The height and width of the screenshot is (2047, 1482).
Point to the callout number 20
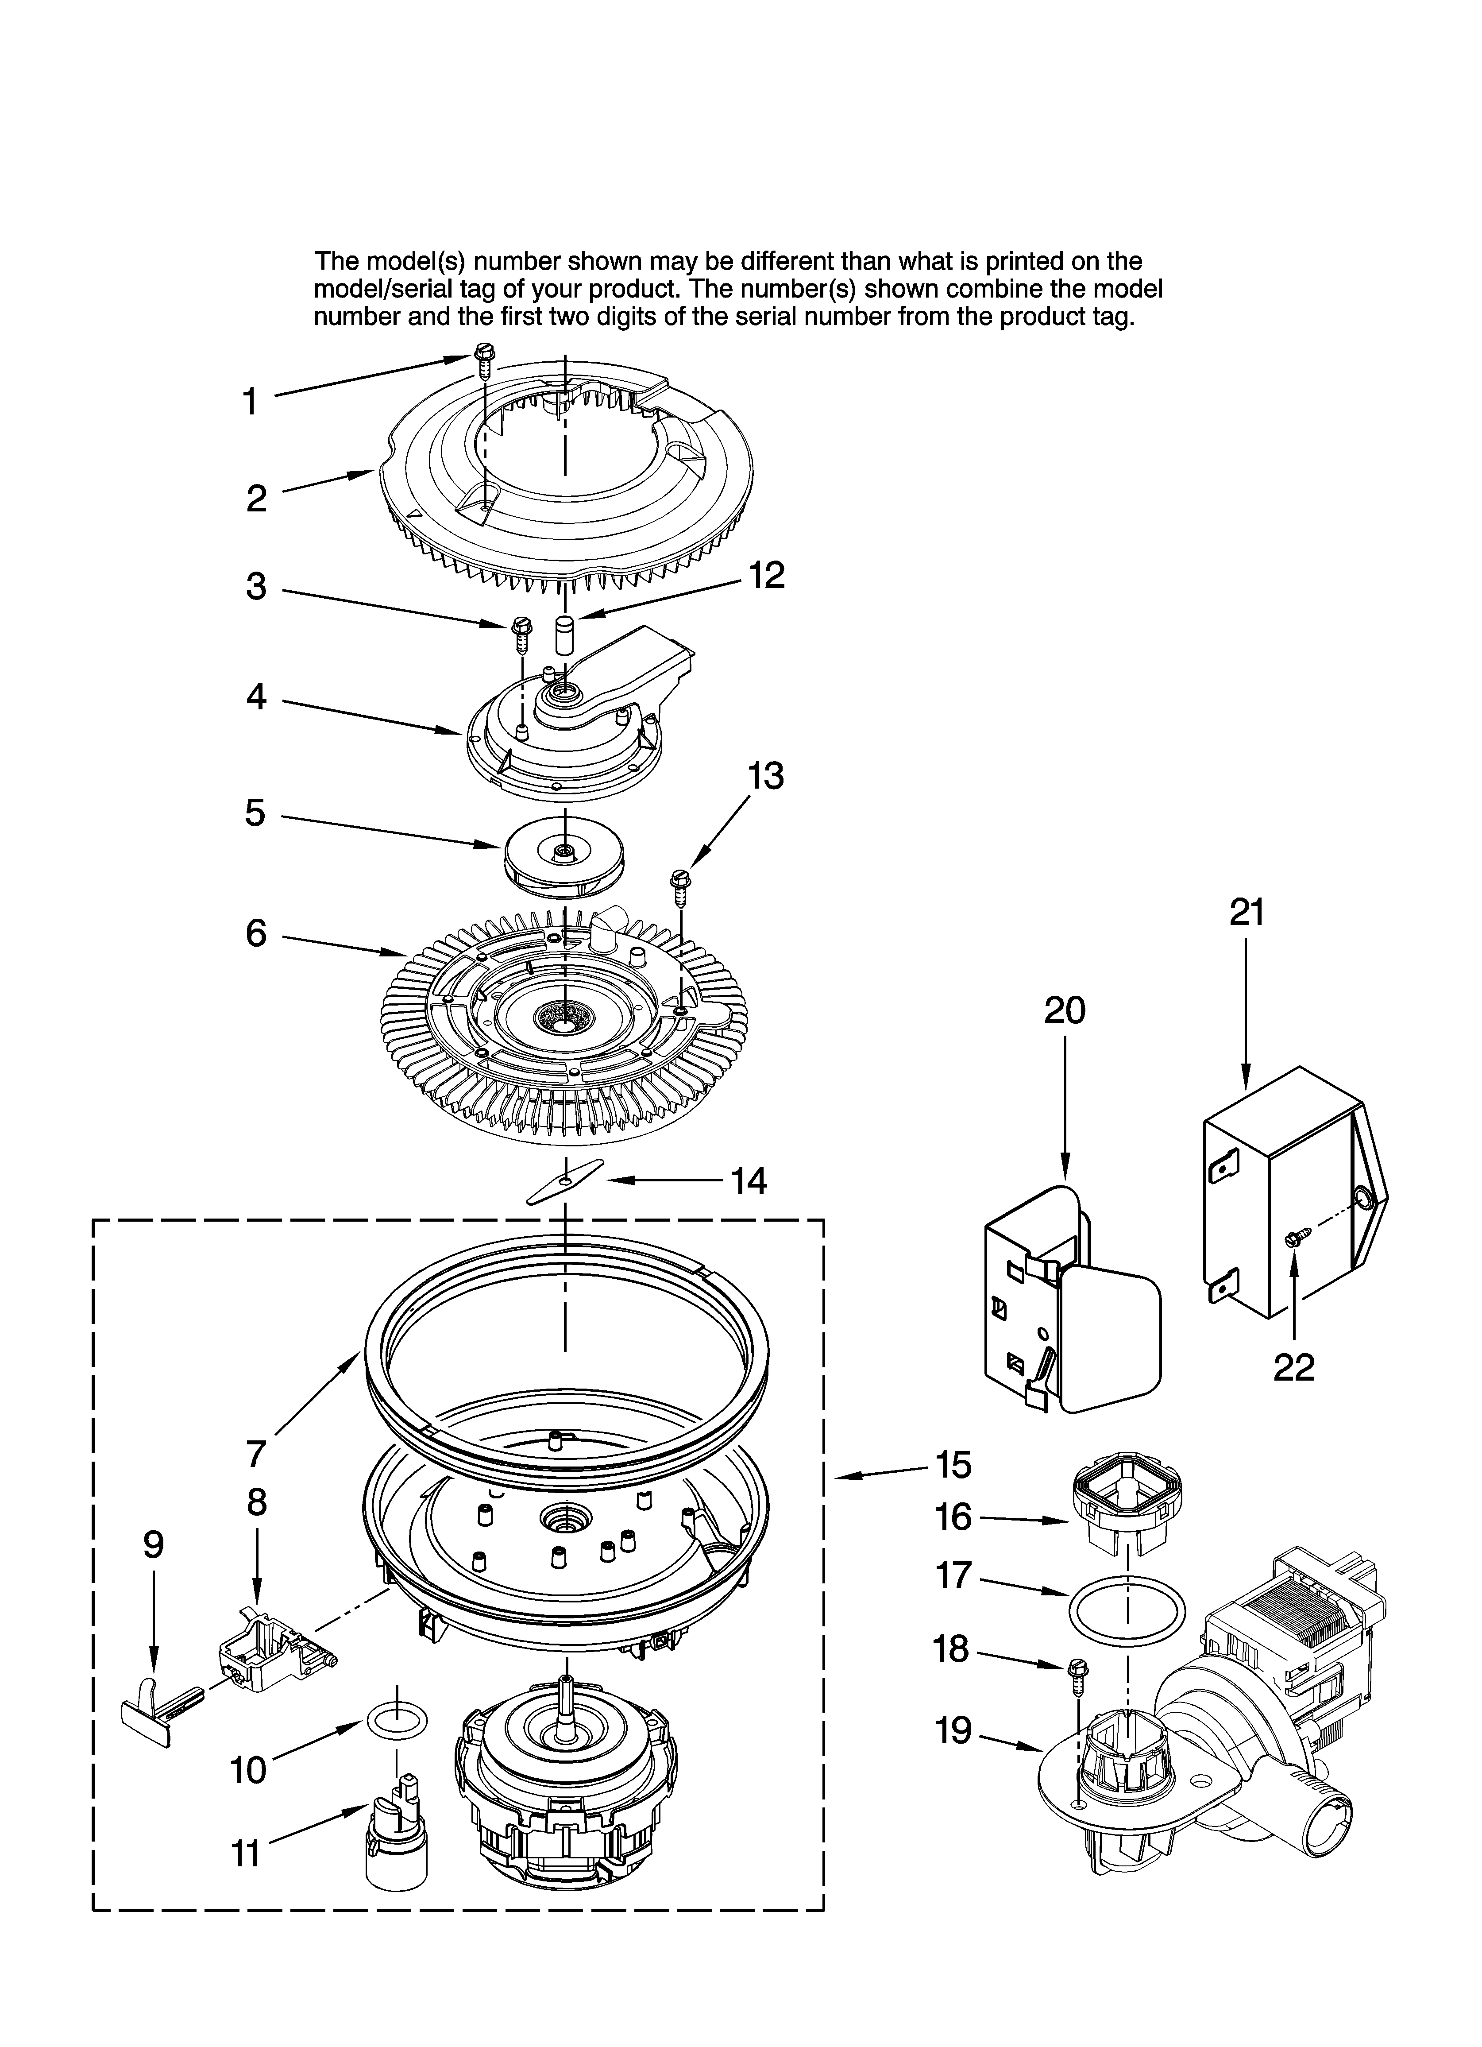pyautogui.click(x=1065, y=1011)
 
